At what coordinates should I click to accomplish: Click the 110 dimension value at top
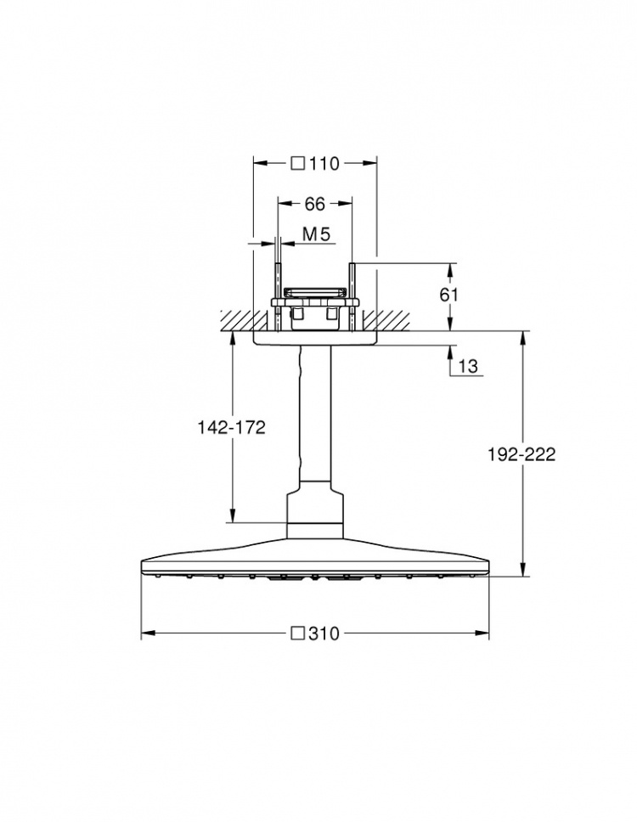point(324,164)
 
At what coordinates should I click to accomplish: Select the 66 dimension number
point(315,204)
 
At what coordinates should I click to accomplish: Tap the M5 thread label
point(317,234)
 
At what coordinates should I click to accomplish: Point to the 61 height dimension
point(448,296)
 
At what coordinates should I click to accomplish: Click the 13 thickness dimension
point(468,366)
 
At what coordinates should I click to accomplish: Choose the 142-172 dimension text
point(231,427)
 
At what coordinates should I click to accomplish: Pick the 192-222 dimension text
point(521,454)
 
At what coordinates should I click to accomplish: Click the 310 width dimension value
point(324,634)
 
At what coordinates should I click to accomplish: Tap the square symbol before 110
point(298,164)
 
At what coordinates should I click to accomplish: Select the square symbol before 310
point(298,633)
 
